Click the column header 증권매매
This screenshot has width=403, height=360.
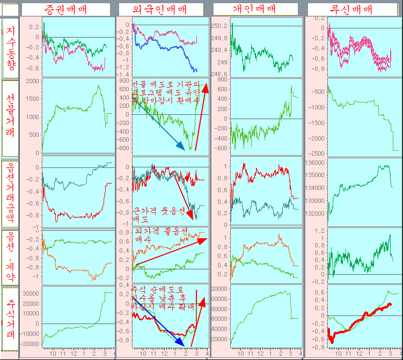point(67,9)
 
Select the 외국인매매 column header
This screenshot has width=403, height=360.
point(160,9)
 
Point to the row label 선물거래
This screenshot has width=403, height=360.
point(11,116)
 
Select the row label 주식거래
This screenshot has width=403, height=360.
point(11,319)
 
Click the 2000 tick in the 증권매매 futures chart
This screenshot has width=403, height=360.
point(32,81)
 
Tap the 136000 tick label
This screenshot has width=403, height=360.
point(317,162)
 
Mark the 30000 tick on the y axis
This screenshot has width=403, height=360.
point(32,293)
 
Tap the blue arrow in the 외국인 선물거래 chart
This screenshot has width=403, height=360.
point(158,123)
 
